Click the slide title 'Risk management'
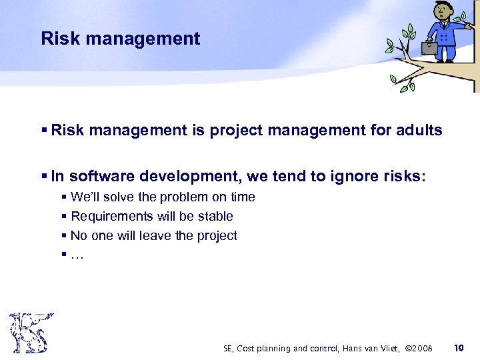click(120, 39)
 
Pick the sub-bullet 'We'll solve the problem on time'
click(162, 197)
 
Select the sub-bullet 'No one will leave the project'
click(153, 236)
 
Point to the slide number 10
click(458, 348)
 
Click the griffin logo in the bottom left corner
click(31, 333)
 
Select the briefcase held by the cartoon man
click(429, 47)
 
